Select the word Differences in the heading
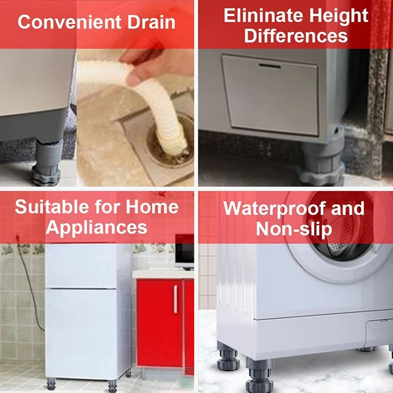296,36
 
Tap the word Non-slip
294,228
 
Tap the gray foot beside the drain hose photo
47,167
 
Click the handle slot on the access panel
270,65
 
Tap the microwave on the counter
184,251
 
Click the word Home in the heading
152,207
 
